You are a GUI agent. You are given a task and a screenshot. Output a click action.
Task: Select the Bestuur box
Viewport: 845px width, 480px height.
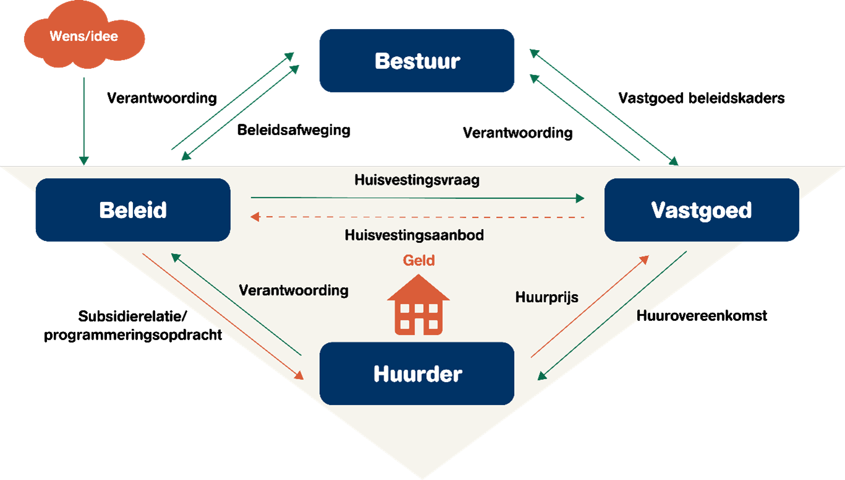[x=417, y=61]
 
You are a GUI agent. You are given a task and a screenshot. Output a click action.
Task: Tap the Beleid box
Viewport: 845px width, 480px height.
[x=133, y=210]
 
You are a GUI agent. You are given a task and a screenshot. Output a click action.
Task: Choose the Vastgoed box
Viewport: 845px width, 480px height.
[x=701, y=210]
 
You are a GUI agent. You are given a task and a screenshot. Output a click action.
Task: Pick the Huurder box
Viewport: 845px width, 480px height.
[x=417, y=373]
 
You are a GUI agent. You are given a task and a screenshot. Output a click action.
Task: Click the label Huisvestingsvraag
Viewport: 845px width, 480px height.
[x=417, y=180]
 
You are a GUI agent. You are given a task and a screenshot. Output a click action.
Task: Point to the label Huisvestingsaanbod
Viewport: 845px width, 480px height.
[x=414, y=235]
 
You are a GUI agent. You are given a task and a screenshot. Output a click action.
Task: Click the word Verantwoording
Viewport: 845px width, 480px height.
[x=293, y=290]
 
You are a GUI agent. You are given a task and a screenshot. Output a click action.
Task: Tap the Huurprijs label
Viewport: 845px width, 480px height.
[x=547, y=297]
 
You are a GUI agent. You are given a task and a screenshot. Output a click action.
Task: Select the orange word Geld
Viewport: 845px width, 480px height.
[x=419, y=260]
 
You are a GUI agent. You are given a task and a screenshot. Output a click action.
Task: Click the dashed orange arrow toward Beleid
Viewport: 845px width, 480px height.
[x=417, y=217]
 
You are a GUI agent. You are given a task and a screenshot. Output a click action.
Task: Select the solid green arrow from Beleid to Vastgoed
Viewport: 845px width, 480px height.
[x=417, y=198]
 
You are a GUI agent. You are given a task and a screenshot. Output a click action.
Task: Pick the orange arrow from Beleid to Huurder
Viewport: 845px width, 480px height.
[x=223, y=316]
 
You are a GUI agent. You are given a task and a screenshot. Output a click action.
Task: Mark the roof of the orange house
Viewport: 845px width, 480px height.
[x=419, y=288]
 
